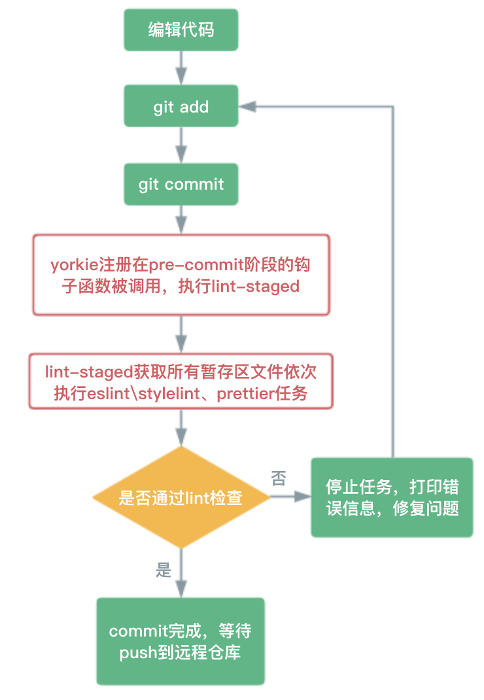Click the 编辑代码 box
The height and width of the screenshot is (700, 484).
coord(181,30)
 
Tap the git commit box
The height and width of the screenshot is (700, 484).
coord(181,184)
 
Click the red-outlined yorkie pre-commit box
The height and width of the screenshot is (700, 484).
coord(181,275)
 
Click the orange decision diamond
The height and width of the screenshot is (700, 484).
coord(181,499)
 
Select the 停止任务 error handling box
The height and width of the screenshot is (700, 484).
coord(392,498)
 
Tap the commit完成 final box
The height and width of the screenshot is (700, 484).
coord(181,642)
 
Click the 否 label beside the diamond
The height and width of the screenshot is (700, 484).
coord(279,480)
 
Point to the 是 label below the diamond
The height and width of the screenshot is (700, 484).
coord(164,570)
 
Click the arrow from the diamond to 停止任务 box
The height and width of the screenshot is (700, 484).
coord(290,497)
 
